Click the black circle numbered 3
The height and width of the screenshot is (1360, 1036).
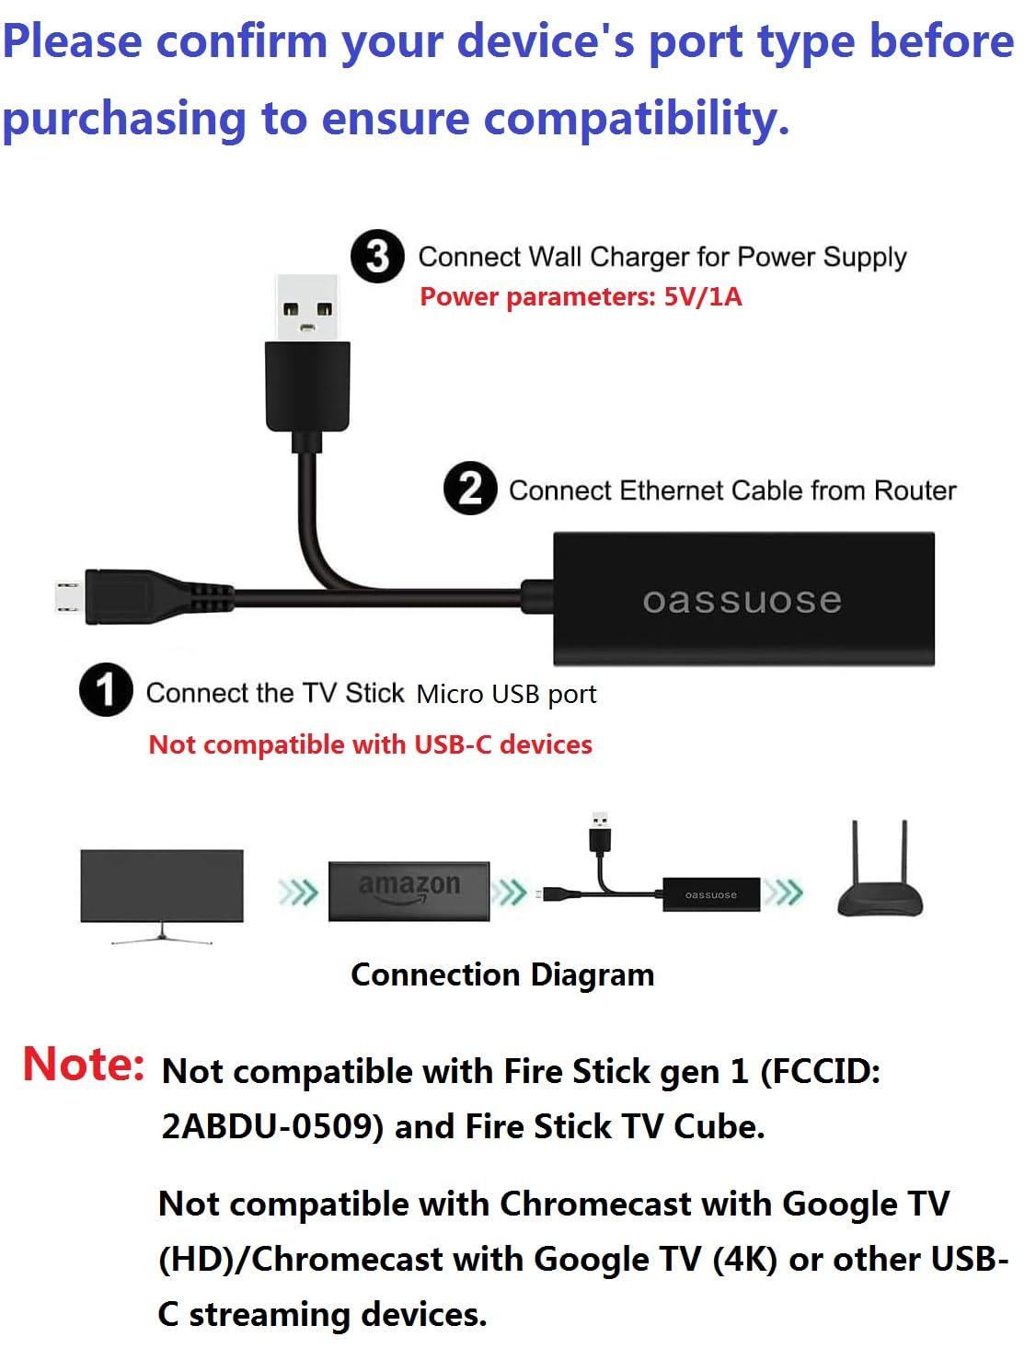(x=377, y=256)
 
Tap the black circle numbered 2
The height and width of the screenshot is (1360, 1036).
(x=470, y=489)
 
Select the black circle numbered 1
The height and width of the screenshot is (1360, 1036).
(x=106, y=690)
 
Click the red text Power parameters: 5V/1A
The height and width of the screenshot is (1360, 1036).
(x=581, y=296)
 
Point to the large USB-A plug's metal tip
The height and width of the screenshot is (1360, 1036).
(x=307, y=307)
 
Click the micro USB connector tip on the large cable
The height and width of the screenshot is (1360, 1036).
(x=66, y=596)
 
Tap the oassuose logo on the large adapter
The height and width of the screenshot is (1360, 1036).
(x=742, y=601)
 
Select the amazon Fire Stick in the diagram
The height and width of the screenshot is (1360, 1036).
(x=409, y=891)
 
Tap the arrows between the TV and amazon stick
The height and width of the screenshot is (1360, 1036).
(x=297, y=892)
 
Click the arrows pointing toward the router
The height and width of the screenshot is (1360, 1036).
(x=784, y=892)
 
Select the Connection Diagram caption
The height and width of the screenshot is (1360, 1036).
(x=502, y=974)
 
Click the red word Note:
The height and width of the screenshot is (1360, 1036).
(x=84, y=1065)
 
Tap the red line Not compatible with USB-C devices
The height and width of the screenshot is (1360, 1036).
(x=370, y=743)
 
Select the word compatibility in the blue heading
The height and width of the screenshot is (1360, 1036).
(x=636, y=120)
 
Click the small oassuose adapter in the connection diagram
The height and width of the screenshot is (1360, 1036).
(x=711, y=894)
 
